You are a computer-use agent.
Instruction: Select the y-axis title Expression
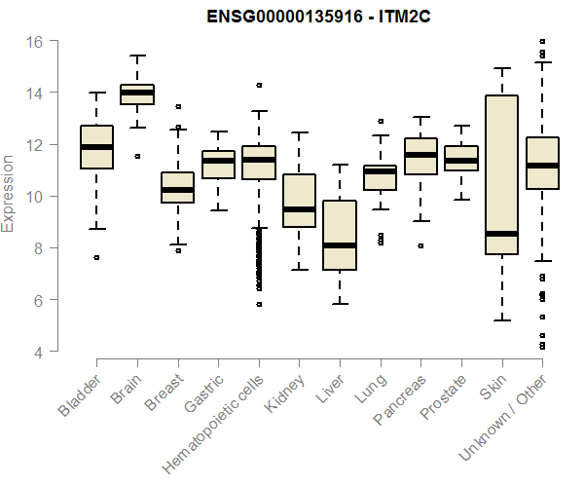10,193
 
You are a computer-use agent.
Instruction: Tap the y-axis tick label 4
39,352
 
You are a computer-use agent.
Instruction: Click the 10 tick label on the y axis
35,197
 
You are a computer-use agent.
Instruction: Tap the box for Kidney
299,201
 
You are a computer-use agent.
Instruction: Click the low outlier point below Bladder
96,257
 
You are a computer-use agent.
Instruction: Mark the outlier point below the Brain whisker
137,156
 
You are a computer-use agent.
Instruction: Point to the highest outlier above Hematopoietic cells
258,86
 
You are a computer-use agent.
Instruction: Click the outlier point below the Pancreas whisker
420,245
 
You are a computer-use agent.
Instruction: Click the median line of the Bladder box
96,147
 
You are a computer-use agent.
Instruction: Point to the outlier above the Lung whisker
380,122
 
